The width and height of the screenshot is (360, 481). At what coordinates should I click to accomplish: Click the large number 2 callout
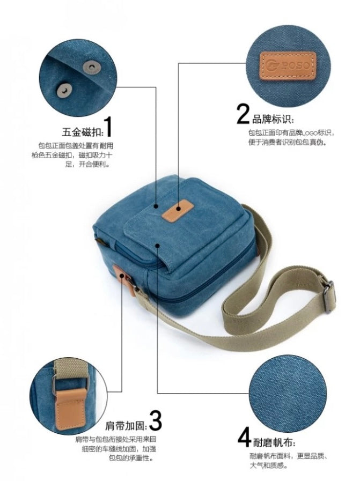[243, 114]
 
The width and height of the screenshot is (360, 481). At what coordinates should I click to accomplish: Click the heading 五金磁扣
[82, 132]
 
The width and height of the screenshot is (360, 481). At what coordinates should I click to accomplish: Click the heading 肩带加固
[126, 425]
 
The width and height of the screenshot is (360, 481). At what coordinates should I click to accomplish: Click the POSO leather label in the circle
[288, 65]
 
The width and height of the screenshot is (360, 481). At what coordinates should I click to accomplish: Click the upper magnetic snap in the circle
[91, 67]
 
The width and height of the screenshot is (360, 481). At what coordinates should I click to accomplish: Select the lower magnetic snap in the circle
[64, 90]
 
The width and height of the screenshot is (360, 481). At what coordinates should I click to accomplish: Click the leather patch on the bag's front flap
[178, 210]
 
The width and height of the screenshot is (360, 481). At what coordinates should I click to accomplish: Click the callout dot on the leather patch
[179, 208]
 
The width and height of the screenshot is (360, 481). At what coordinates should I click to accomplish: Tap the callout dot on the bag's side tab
[122, 276]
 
